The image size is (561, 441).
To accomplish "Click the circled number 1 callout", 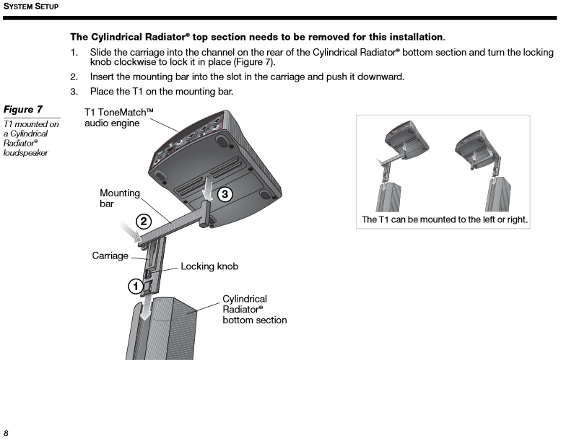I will point(135,286).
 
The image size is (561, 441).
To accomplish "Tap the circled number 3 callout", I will point(225,193).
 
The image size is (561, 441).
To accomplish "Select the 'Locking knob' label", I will point(209,266).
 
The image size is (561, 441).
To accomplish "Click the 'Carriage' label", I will point(110,256).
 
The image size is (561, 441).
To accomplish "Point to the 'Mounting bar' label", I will point(119,198).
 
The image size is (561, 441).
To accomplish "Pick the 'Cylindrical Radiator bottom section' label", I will point(254,309).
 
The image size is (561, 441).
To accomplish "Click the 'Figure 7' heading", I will point(24,110).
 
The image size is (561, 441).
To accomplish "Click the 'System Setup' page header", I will point(30,6).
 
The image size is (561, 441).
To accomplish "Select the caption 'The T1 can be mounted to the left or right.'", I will point(444,219).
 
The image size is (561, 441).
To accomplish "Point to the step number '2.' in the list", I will point(74,77).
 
